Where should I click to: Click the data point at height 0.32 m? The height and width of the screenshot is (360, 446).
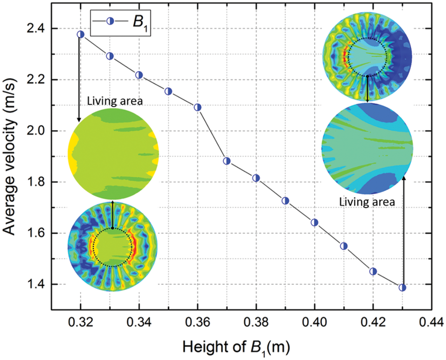click(81, 34)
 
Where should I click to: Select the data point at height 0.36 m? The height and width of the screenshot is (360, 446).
click(198, 107)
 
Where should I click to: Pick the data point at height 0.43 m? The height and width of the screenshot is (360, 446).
click(402, 288)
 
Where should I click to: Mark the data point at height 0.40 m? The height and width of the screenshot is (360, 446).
click(315, 222)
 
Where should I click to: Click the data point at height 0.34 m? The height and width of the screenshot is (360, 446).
click(139, 75)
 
